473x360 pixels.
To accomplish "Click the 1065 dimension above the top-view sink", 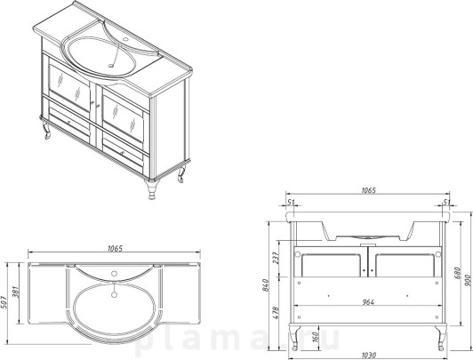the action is (116, 248).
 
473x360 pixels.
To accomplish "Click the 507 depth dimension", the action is (4, 301).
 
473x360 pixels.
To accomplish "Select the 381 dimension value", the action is (15, 292).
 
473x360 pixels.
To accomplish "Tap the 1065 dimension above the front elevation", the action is (368, 190).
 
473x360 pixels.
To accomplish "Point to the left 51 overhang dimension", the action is (291, 202).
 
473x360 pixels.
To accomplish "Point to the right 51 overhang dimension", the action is (446, 202).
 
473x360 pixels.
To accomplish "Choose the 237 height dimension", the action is (276, 258).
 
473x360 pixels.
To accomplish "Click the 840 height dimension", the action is (265, 285).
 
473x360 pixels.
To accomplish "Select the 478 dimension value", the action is (276, 313).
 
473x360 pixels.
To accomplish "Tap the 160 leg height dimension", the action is (315, 338).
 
